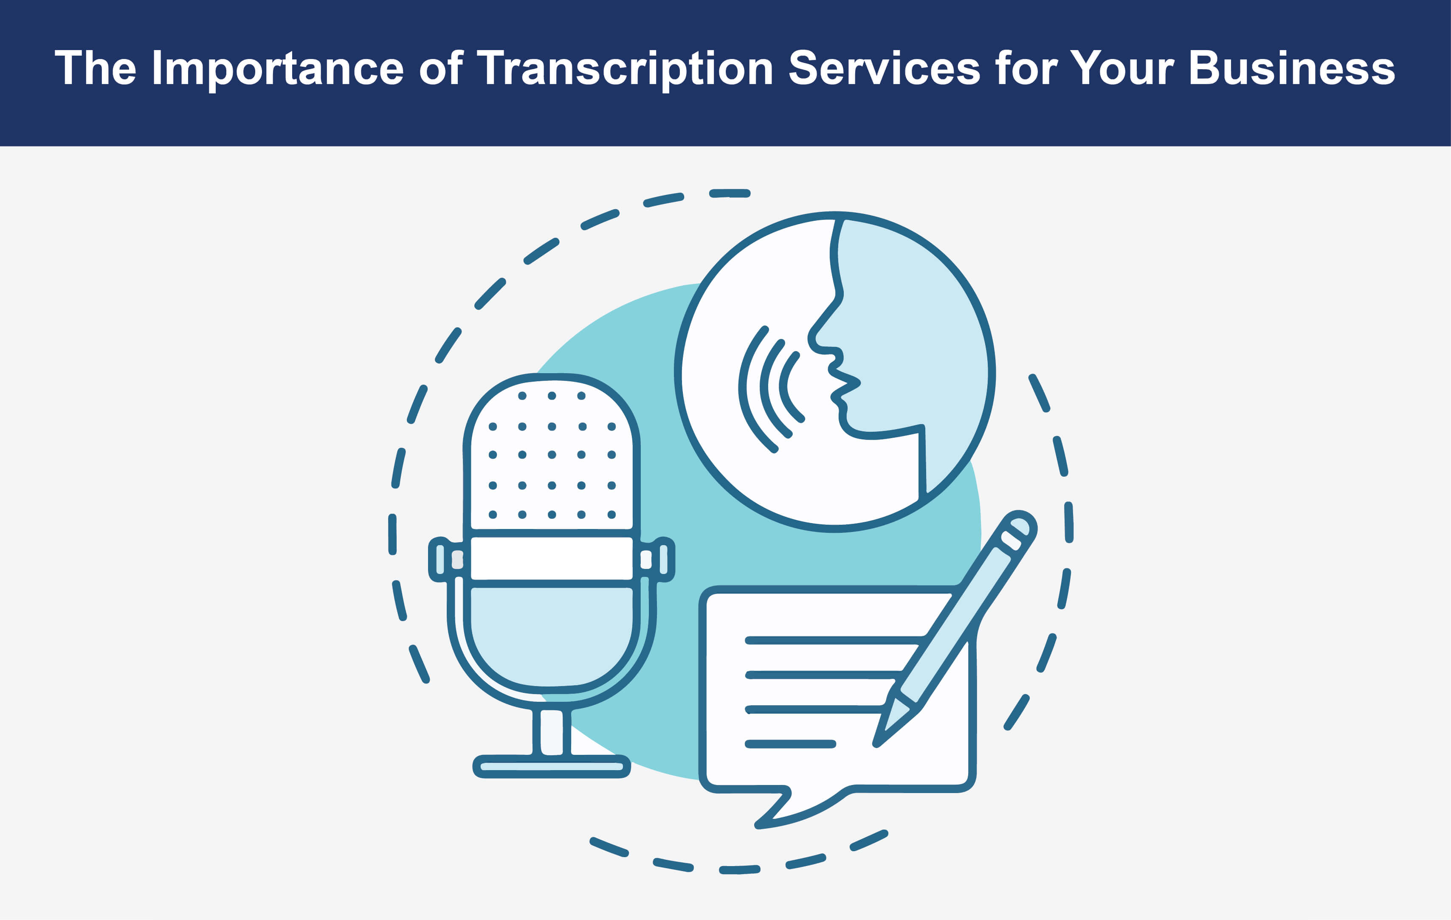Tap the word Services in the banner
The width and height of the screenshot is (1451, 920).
click(x=885, y=68)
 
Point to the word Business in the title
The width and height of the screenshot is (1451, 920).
click(x=1292, y=68)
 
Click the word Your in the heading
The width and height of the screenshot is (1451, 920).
click(x=1121, y=68)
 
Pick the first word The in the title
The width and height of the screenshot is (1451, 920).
click(x=96, y=68)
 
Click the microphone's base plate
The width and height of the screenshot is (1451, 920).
click(x=551, y=766)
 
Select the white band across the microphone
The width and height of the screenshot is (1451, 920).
click(x=551, y=559)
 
